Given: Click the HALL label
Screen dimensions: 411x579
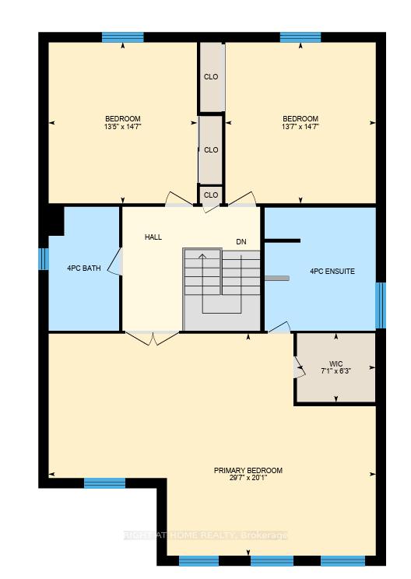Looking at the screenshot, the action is click(x=153, y=237).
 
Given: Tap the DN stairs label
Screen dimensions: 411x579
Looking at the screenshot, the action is click(x=241, y=242).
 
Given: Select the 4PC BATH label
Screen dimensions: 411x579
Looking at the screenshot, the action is click(x=84, y=268).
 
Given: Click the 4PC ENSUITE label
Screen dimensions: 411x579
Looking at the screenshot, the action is click(x=332, y=272).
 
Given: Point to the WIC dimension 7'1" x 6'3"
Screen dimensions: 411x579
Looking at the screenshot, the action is click(x=336, y=370).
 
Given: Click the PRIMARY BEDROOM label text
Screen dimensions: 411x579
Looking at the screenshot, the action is click(x=248, y=470).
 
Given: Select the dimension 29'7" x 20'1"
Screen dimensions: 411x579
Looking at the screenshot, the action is click(x=248, y=478).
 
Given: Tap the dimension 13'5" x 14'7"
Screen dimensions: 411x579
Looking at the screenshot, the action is click(x=123, y=126).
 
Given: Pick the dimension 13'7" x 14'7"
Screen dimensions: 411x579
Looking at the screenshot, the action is click(x=300, y=126).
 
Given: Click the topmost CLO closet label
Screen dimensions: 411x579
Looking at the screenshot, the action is click(x=211, y=77).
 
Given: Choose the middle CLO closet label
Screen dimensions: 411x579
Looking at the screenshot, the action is click(x=211, y=150).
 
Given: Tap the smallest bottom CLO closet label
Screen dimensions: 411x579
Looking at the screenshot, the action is click(x=211, y=195).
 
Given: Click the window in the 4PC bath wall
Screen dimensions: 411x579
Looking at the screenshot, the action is click(x=44, y=258).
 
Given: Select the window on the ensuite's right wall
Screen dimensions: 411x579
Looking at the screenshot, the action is click(x=381, y=305).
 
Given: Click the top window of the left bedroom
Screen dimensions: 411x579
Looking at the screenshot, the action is click(x=122, y=37).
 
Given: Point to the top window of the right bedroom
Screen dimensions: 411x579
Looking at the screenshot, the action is click(x=300, y=37).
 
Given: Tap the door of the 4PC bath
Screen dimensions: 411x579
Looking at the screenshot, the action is click(x=115, y=261).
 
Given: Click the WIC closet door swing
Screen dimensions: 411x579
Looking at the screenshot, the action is click(x=300, y=367).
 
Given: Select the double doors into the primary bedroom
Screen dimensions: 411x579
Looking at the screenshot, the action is click(x=152, y=338).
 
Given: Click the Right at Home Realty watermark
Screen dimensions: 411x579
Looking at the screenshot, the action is click(x=205, y=535).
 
